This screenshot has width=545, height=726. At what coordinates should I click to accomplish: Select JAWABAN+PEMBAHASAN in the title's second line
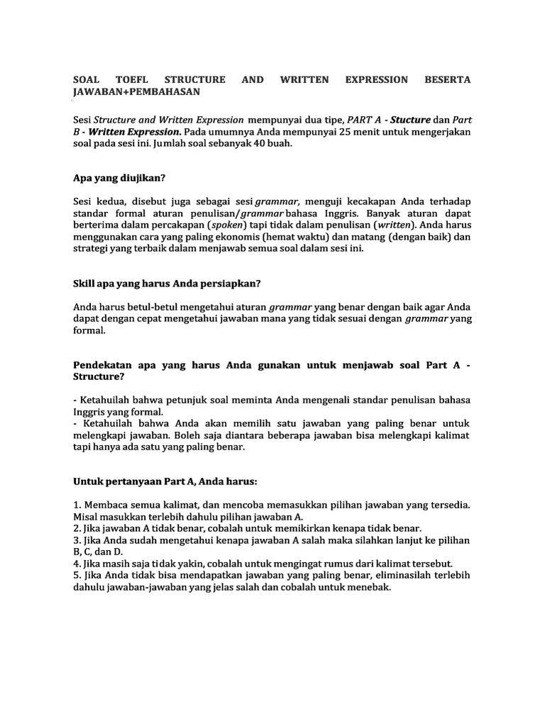[x=137, y=92]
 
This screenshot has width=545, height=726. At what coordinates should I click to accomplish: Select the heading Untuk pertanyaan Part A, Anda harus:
[x=165, y=481]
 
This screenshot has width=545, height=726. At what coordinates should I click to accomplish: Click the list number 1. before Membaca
[x=77, y=505]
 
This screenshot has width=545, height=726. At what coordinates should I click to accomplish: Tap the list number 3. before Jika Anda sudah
[x=77, y=540]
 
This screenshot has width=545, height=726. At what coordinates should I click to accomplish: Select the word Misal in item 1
[x=87, y=517]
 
